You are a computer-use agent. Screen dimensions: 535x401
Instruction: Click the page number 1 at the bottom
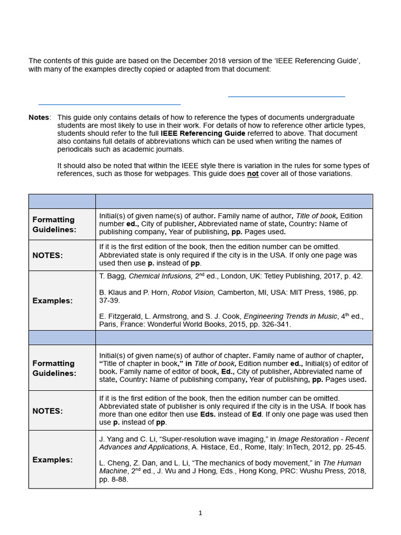(200, 513)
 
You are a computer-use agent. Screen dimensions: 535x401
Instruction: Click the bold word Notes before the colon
(39, 118)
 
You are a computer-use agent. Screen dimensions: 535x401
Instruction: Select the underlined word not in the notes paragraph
(253, 174)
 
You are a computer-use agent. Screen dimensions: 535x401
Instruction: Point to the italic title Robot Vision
(193, 293)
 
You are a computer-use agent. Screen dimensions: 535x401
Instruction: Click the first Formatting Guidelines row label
(53, 225)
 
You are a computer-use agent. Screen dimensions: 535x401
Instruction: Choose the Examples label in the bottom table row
(52, 460)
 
